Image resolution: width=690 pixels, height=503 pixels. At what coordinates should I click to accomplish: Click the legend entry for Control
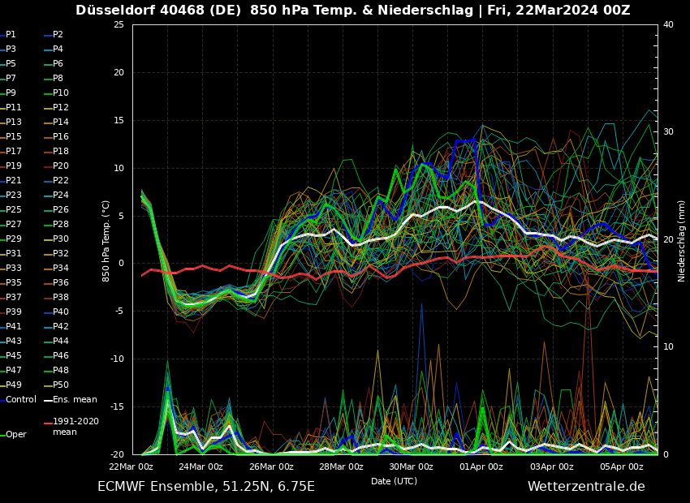(x=20, y=400)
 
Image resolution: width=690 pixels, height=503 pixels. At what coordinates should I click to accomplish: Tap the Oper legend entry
(x=16, y=435)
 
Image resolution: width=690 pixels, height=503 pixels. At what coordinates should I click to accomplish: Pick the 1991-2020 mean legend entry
(x=75, y=427)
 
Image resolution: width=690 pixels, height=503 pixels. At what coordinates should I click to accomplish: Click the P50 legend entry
(x=61, y=385)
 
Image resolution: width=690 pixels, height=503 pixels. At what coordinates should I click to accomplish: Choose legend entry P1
(x=11, y=35)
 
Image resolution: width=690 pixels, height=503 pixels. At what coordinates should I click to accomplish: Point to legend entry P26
(x=61, y=210)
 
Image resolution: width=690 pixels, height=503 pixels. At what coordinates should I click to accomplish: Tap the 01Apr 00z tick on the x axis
(x=482, y=466)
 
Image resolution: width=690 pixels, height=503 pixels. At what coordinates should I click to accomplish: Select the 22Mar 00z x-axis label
(x=132, y=466)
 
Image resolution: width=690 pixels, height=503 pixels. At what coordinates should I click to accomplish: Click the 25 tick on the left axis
(x=118, y=25)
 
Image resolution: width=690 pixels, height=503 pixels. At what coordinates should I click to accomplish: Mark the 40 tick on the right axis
(x=668, y=25)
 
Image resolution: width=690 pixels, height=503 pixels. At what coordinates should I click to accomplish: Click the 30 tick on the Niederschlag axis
(x=668, y=132)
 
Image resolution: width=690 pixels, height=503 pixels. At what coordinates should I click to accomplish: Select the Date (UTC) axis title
(x=395, y=481)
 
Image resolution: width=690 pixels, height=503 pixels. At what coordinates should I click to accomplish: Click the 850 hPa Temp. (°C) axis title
(x=106, y=241)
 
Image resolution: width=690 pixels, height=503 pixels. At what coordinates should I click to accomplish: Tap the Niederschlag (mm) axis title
(x=682, y=241)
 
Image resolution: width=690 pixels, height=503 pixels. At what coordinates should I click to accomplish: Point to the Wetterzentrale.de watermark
(x=586, y=487)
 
